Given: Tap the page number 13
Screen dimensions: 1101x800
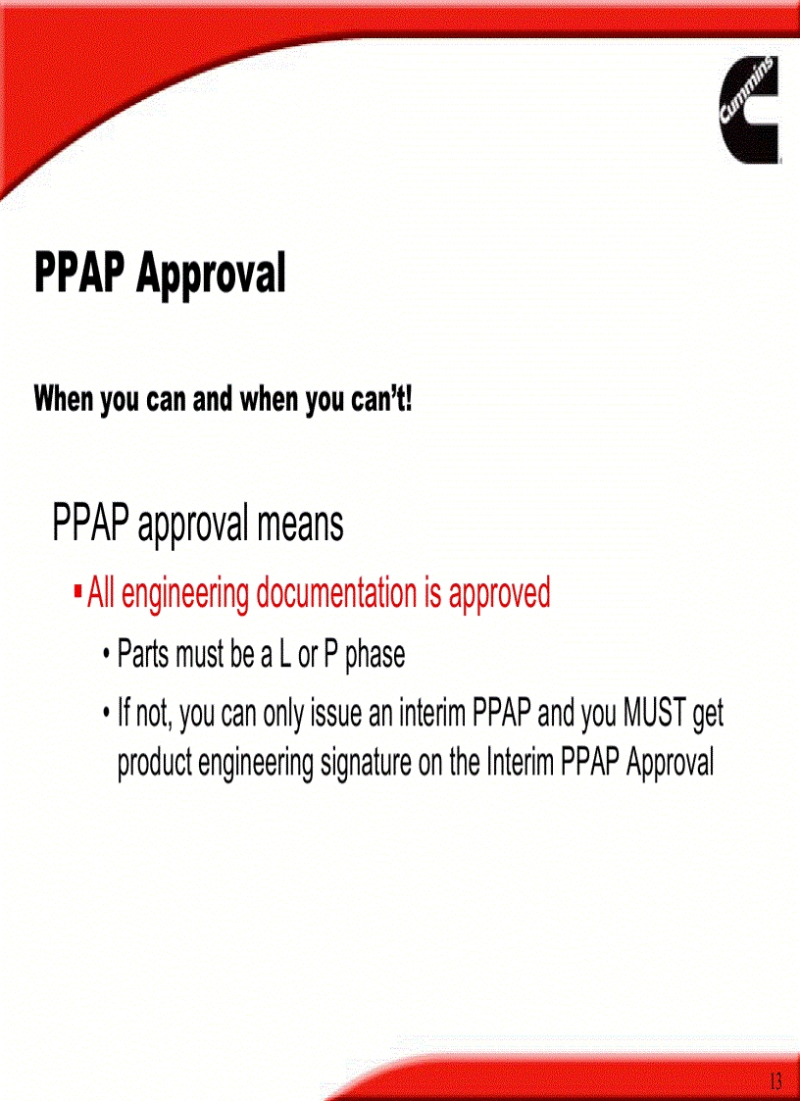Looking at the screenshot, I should coord(775,1081).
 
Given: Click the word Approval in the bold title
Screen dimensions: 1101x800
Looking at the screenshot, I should coord(211,274).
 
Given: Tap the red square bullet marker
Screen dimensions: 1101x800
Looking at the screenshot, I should coord(77,592).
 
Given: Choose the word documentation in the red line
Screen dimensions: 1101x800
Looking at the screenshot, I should coord(336,593).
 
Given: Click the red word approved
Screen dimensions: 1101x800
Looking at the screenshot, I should coord(500,593).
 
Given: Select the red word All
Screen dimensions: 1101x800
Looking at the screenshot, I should coord(100,593).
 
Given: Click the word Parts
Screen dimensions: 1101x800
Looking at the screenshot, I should coord(143,654).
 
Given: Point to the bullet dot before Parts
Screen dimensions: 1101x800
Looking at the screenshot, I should coord(106,654).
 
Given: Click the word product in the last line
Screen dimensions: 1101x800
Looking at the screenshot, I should coord(155,763).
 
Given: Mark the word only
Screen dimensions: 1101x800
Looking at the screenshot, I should coord(283,714).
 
